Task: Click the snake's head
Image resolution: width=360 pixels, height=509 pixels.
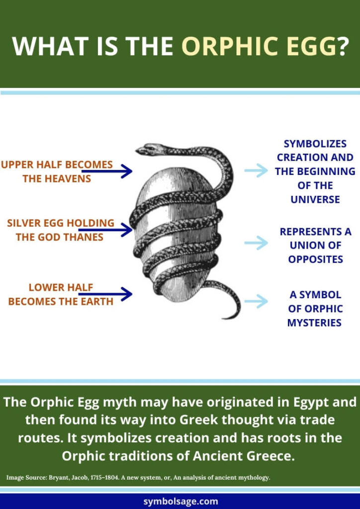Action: (145, 149)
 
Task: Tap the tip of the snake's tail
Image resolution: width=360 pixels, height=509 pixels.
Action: (225, 317)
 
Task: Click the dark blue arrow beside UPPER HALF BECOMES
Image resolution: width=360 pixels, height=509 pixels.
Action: (107, 171)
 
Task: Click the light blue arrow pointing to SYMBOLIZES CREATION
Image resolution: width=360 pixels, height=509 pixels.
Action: (256, 171)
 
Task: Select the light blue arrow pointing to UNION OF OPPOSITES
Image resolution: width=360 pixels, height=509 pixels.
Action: (256, 243)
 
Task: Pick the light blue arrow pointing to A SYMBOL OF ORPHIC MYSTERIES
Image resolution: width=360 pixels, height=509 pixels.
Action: (256, 301)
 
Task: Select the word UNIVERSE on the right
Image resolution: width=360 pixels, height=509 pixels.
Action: (315, 199)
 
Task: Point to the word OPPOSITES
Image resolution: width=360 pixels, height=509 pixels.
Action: (315, 259)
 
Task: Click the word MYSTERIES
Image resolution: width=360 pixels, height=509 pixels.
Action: (314, 323)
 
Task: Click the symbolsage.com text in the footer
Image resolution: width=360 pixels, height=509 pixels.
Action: (180, 501)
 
